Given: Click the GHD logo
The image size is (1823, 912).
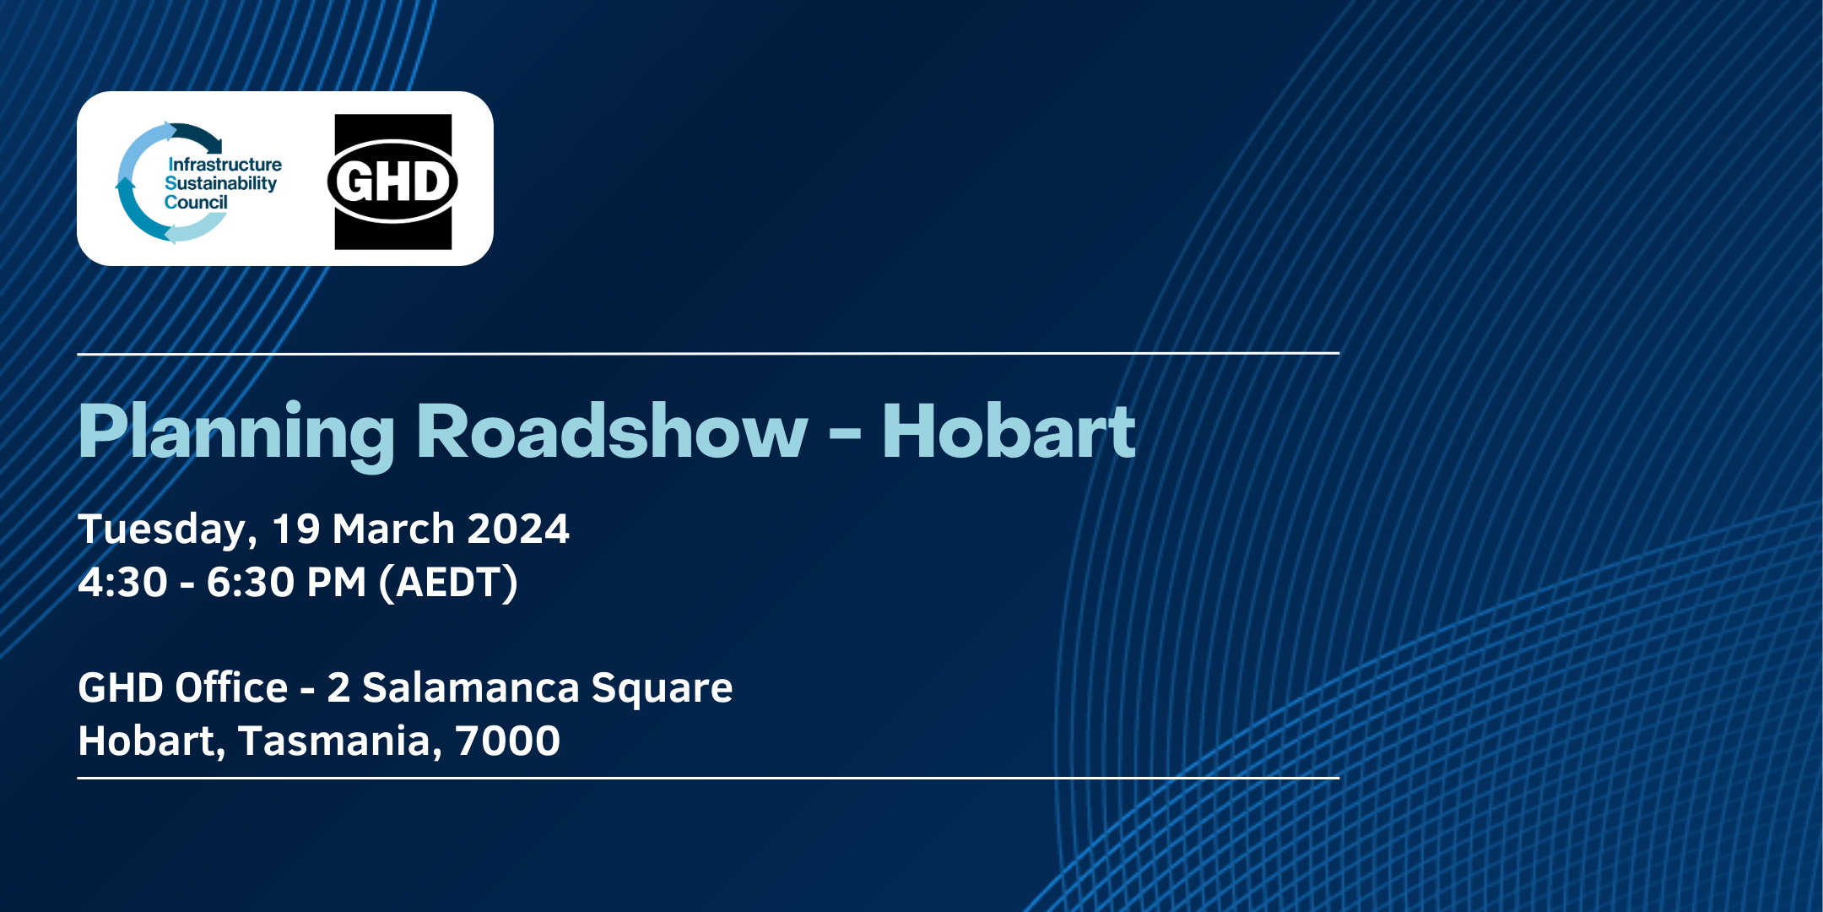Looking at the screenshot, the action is point(392,182).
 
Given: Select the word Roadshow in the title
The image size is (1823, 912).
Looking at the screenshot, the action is point(611,432).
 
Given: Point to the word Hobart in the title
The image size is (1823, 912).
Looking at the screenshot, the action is point(1009,432).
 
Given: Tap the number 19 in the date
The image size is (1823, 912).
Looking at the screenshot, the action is point(296,529).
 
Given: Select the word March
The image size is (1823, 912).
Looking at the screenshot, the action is point(394,529).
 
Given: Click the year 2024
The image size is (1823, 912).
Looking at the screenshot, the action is point(518,529).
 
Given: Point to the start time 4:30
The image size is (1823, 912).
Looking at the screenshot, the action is point(123,583).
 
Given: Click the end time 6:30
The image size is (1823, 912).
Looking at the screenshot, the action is point(252,583).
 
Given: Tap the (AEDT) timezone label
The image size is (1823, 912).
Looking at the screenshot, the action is point(448,583).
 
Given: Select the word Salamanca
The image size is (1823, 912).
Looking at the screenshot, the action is point(471,687).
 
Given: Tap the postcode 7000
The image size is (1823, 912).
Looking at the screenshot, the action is point(508,741).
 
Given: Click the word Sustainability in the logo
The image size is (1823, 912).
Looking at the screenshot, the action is point(221,184).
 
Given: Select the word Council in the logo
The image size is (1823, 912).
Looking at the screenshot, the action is point(196,203).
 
